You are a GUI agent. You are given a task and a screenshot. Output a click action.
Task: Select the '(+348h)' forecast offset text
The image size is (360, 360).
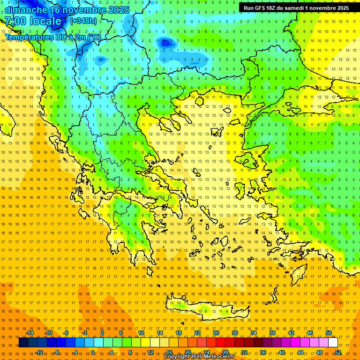pyautogui.click(x=84, y=21)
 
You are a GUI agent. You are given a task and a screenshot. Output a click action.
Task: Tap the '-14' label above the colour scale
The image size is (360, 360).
pyautogui.click(x=29, y=333)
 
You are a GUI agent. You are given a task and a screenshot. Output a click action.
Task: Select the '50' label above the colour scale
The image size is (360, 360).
pyautogui.click(x=329, y=333)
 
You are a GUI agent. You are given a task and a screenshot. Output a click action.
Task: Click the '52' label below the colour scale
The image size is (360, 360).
pyautogui.click(x=338, y=352)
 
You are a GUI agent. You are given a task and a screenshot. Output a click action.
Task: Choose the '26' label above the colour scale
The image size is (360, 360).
pyautogui.click(x=216, y=333)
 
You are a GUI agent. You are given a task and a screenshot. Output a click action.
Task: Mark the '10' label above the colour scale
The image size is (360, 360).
pyautogui.click(x=141, y=333)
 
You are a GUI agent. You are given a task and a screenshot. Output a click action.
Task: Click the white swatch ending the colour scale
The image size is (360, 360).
pyautogui.click(x=333, y=343)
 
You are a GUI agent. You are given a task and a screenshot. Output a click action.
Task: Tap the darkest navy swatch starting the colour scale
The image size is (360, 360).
pyautogui.click(x=23, y=343)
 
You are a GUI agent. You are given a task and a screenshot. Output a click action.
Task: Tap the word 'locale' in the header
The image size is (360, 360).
pyautogui.click(x=45, y=21)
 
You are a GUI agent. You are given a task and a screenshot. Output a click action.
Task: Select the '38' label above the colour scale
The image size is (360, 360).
pyautogui.click(x=272, y=333)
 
